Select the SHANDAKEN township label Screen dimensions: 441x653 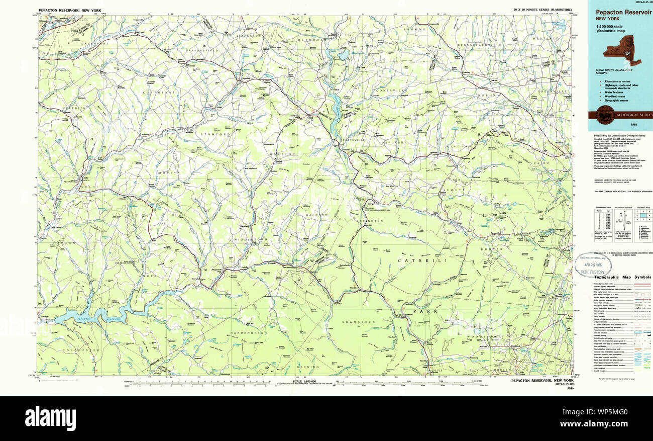356,322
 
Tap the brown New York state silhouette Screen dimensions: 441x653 622,54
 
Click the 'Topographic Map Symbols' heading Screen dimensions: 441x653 623,277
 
